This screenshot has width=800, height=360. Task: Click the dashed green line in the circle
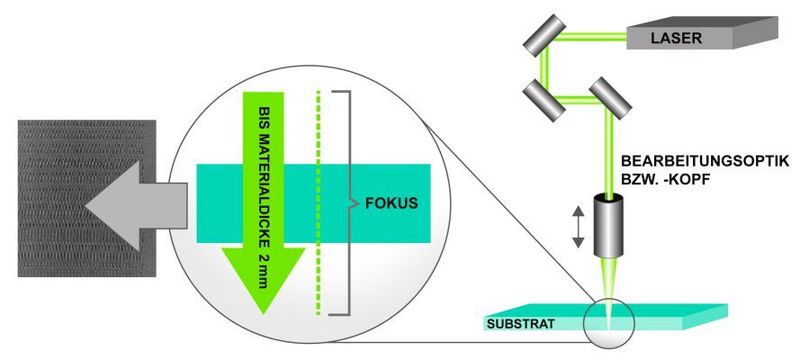point(319,200)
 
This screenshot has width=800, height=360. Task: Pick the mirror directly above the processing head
point(608,97)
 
